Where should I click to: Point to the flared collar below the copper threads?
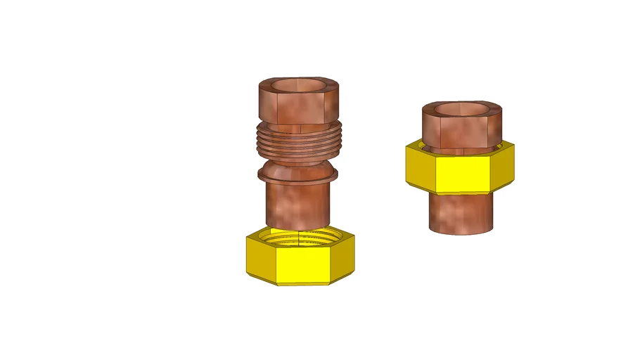tap(299, 173)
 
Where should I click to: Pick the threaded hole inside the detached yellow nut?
tap(300, 237)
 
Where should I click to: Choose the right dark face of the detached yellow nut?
tap(343, 261)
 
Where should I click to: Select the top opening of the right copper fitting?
tap(462, 109)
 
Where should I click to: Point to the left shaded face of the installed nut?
tap(421, 168)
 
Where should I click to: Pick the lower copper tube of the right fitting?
tap(461, 212)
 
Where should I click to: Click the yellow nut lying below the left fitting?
tap(300, 259)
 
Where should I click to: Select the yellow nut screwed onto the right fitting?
tap(461, 169)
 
